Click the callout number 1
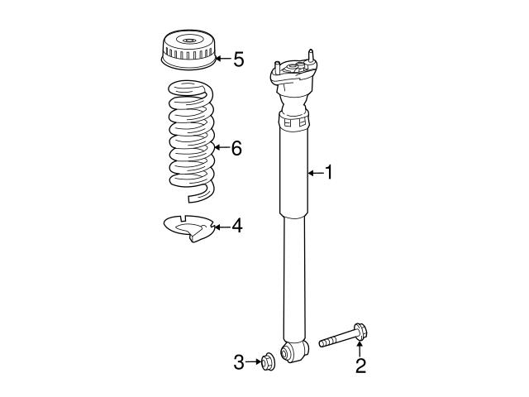(328, 172)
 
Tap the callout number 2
(360, 366)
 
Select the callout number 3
(239, 362)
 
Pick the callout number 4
(237, 226)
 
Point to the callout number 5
(239, 60)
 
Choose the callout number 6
(236, 148)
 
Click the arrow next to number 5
(222, 59)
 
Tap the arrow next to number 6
(222, 147)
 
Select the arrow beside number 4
(222, 227)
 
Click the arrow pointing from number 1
(316, 173)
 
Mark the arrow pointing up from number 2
(360, 348)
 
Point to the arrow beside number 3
(254, 362)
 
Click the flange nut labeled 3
(269, 362)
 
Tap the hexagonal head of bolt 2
(360, 332)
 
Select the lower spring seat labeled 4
(189, 228)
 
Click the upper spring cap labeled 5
(188, 50)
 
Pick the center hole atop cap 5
(188, 41)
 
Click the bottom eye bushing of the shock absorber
(294, 352)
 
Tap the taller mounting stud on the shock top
(311, 56)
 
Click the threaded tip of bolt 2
(322, 343)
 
